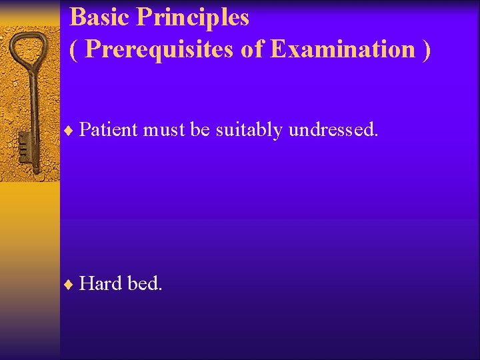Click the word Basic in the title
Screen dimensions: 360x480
[100, 18]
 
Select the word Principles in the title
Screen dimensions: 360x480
[193, 18]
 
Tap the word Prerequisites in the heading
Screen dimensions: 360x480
[159, 49]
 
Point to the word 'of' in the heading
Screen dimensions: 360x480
[253, 49]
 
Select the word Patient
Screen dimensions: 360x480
[108, 130]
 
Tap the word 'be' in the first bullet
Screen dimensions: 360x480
[200, 130]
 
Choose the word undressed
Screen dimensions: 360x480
[333, 130]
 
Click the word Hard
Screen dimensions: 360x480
[101, 284]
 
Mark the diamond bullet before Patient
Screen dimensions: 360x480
[71, 131]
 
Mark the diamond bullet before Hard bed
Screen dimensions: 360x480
[71, 285]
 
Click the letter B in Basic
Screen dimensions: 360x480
[77, 18]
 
